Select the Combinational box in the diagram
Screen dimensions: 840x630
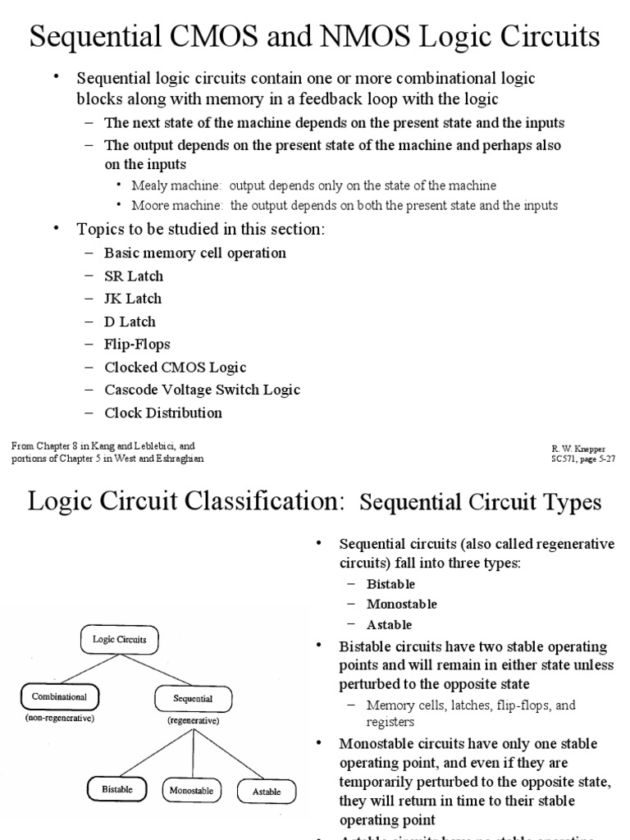pyautogui.click(x=59, y=696)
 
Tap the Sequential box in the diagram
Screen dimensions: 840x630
pyautogui.click(x=192, y=699)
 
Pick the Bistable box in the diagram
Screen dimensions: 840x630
pyautogui.click(x=117, y=789)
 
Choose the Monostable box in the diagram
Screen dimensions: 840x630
pyautogui.click(x=191, y=791)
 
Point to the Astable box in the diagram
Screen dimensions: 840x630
pyautogui.click(x=266, y=792)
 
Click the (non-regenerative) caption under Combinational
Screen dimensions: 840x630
pyautogui.click(x=59, y=719)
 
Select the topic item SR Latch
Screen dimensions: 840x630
pyautogui.click(x=134, y=276)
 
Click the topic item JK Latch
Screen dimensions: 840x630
pyautogui.click(x=133, y=299)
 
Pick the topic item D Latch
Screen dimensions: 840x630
pyautogui.click(x=130, y=322)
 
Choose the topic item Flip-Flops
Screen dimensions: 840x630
pyautogui.click(x=137, y=345)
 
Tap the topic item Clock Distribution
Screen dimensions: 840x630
pyautogui.click(x=163, y=413)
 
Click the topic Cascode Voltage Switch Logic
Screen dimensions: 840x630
pyautogui.click(x=202, y=390)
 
